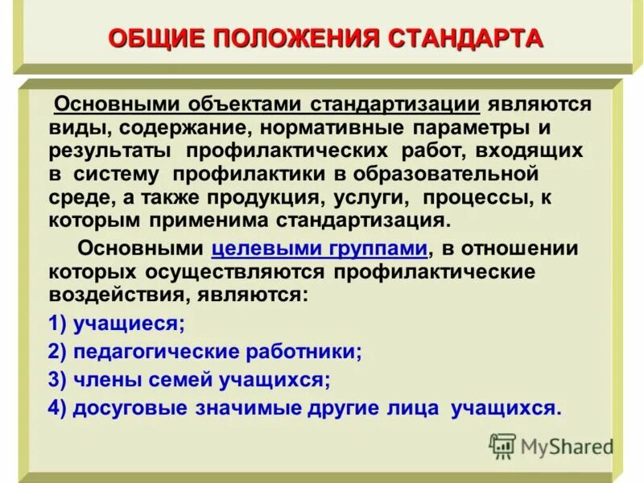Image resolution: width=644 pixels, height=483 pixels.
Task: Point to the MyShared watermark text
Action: [x=567, y=447]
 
